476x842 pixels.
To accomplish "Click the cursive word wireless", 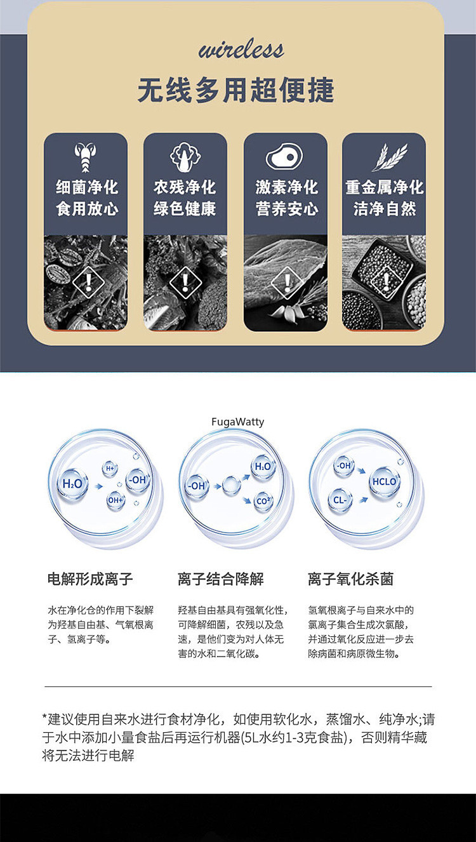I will click(241, 50).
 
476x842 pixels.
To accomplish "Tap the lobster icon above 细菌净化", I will click(85, 157).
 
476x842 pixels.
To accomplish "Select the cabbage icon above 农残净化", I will click(185, 157).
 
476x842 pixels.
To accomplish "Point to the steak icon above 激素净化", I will click(284, 157).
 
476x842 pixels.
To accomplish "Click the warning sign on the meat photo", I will click(286, 283).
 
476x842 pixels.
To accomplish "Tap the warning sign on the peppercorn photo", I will click(384, 280).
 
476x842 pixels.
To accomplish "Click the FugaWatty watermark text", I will click(237, 422).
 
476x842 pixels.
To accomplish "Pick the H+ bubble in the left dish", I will click(110, 469).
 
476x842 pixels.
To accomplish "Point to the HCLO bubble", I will click(384, 482).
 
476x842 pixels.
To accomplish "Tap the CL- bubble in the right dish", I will click(340, 500).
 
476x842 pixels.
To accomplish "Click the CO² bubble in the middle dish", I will click(263, 501).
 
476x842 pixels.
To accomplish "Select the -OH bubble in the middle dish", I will click(196, 486).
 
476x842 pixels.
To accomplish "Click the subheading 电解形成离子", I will click(90, 579).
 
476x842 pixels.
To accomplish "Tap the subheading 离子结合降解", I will click(220, 579).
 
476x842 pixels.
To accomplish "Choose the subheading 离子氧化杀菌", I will click(350, 579).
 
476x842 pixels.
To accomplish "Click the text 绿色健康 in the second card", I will click(185, 209).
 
